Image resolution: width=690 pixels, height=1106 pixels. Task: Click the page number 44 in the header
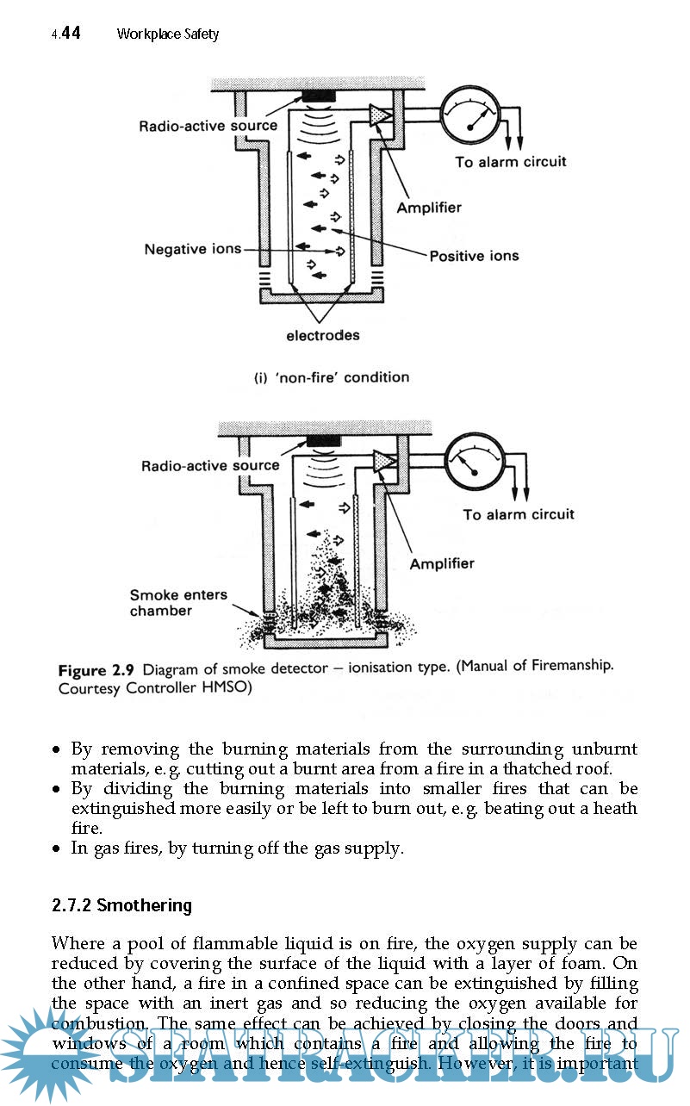click(71, 34)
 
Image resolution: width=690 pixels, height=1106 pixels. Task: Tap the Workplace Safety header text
click(168, 34)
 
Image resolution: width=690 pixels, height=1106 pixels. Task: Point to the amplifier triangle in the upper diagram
click(380, 115)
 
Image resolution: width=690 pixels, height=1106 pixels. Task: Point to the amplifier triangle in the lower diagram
click(384, 462)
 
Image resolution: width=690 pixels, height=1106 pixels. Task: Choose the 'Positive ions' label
click(474, 256)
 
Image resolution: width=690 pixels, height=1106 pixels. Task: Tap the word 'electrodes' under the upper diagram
click(323, 335)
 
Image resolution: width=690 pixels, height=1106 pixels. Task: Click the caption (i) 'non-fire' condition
click(332, 377)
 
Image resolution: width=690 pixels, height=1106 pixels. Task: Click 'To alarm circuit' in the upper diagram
click(511, 162)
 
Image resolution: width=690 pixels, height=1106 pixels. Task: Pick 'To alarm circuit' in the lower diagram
click(519, 514)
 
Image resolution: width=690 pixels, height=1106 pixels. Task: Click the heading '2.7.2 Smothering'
click(121, 905)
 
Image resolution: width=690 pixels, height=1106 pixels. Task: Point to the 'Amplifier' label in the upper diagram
click(429, 208)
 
